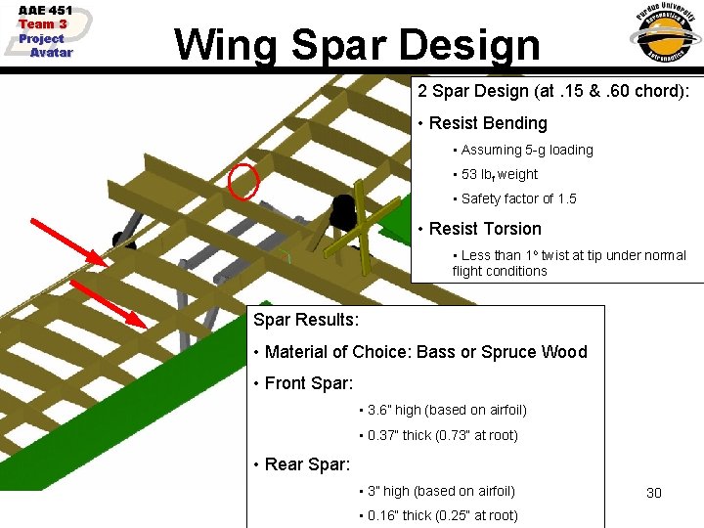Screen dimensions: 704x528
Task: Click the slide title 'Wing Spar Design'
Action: (x=357, y=44)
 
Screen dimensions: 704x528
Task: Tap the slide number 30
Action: (x=654, y=493)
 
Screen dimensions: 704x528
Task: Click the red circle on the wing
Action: (x=242, y=181)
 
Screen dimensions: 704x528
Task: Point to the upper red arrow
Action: (x=70, y=242)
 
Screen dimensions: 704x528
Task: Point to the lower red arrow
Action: (x=108, y=303)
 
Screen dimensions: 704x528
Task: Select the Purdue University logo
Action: (x=664, y=35)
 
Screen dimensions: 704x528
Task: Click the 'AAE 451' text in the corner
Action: (x=45, y=11)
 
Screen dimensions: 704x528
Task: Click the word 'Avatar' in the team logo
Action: (x=51, y=53)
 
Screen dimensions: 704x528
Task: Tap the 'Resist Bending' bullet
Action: (x=488, y=123)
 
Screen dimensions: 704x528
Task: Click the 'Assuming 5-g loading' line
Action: (x=527, y=150)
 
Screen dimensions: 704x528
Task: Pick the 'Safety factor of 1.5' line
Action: (x=518, y=198)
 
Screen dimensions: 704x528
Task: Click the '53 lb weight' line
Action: (x=500, y=175)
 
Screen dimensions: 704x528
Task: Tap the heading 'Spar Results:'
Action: (x=306, y=320)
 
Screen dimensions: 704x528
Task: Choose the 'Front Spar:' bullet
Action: (x=309, y=384)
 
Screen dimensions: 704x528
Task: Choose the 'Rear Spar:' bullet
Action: (x=306, y=464)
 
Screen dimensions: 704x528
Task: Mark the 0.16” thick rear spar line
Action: (x=442, y=515)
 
